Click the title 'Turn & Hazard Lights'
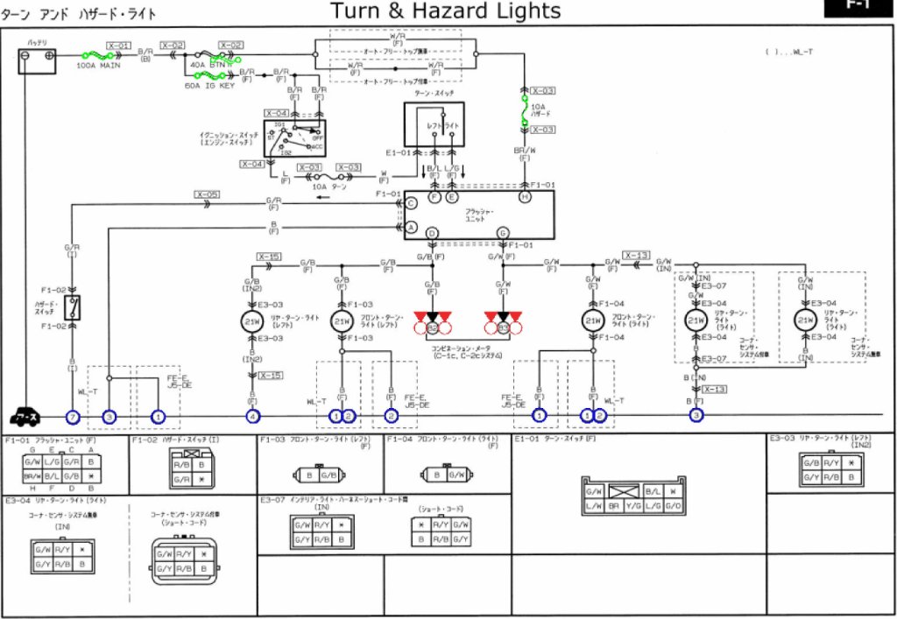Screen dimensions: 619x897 (445, 11)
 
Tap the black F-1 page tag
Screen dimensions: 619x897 (858, 7)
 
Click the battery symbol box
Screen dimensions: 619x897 (38, 60)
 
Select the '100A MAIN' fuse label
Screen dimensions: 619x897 (99, 66)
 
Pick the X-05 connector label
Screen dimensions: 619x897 (208, 194)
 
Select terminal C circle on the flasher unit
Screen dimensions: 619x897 (410, 203)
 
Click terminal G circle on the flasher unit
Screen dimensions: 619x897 (503, 233)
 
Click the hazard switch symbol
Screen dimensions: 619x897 (74, 307)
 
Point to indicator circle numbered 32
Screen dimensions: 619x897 (432, 328)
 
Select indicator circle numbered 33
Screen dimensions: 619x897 (503, 328)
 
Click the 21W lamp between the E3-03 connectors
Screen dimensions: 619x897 (252, 321)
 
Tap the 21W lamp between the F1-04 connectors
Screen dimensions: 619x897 (593, 321)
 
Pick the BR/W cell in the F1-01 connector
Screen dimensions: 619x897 (32, 476)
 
